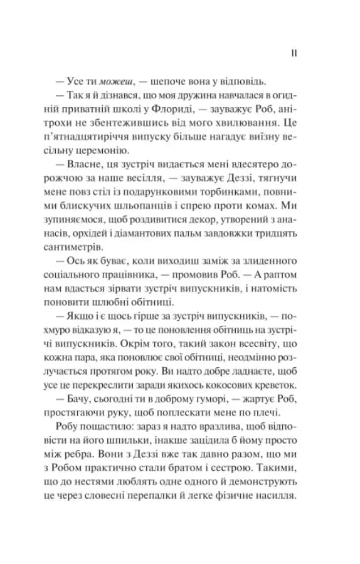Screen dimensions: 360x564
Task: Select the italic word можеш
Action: click(120, 81)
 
